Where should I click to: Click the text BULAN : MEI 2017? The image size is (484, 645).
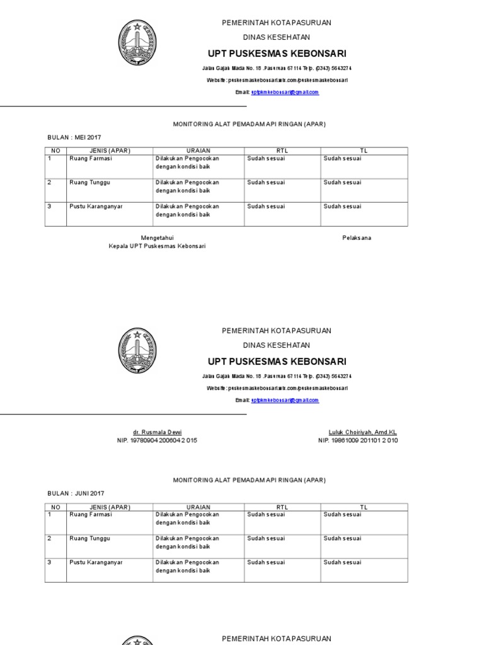(x=74, y=137)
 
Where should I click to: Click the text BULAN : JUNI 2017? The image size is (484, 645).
(x=76, y=493)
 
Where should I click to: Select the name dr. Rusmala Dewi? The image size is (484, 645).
(x=157, y=432)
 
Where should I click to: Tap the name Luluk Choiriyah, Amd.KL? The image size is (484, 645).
(x=363, y=432)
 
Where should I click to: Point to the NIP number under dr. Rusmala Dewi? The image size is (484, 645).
(x=157, y=440)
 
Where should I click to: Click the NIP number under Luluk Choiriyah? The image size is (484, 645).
(x=357, y=440)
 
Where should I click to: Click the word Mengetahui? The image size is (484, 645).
(x=157, y=237)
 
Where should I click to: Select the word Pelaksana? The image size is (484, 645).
(x=357, y=237)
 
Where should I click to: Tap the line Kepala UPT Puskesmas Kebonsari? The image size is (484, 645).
(x=157, y=246)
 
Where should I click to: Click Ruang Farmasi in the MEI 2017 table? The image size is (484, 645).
(x=90, y=159)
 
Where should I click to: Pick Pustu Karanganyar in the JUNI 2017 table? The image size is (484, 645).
(x=96, y=562)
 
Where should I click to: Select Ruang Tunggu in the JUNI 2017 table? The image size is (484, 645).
(x=89, y=539)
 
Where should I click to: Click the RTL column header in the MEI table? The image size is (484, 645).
(x=282, y=151)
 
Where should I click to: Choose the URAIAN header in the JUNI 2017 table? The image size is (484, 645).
(x=199, y=506)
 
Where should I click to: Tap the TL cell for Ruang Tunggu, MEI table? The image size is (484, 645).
(x=342, y=183)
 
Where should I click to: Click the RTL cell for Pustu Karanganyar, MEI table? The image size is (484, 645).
(x=265, y=206)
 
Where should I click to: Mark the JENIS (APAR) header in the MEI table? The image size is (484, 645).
(x=110, y=151)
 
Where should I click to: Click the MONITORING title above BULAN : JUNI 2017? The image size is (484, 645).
(x=250, y=480)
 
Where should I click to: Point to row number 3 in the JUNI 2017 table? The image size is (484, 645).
(x=49, y=562)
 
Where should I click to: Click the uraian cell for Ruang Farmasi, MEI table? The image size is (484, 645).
(x=187, y=163)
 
